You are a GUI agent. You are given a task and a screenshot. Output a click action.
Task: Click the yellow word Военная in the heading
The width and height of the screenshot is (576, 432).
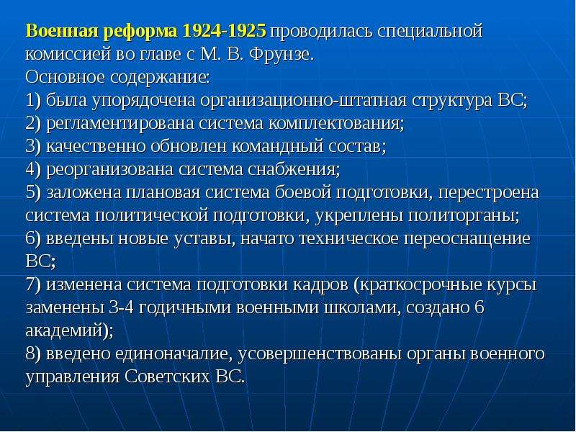[x=63, y=31]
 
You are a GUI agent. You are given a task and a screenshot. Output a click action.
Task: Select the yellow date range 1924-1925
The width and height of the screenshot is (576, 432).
[x=224, y=31]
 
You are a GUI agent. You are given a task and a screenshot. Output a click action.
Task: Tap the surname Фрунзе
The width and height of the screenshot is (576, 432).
[x=281, y=55]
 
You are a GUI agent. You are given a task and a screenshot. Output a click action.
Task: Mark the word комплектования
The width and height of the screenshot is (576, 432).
[x=336, y=124]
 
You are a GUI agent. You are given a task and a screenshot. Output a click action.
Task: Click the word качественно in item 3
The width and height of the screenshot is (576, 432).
[x=96, y=147]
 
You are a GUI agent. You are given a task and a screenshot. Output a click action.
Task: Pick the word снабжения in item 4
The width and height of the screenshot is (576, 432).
[x=294, y=170]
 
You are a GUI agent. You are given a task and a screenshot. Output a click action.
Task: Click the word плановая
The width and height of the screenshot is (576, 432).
[x=163, y=193]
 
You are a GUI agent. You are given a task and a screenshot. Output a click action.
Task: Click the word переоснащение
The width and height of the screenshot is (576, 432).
[x=467, y=240]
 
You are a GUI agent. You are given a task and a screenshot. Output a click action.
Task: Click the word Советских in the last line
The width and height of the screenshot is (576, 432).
[x=167, y=377]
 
